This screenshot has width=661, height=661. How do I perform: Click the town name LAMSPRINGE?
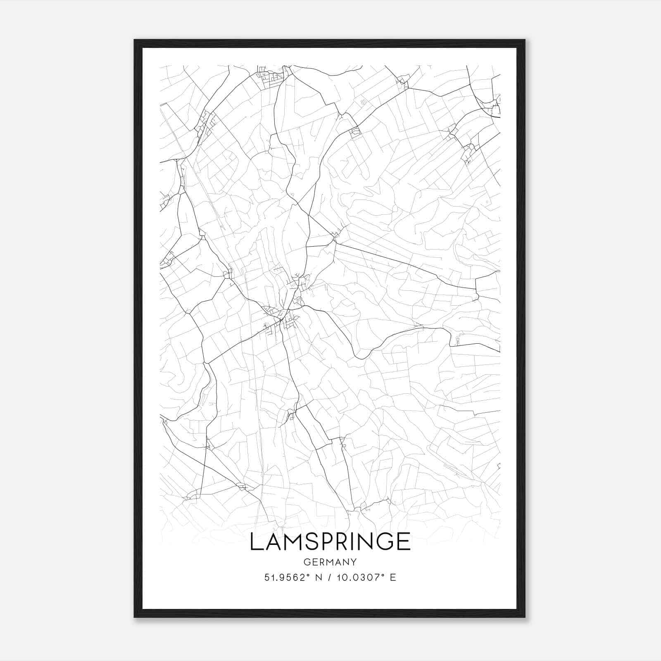click(x=330, y=542)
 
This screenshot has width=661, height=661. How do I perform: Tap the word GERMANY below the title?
click(x=330, y=562)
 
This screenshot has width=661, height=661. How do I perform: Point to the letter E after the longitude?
click(x=393, y=578)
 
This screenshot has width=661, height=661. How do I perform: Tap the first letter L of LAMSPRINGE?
click(x=256, y=542)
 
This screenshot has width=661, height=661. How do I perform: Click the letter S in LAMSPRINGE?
click(x=312, y=542)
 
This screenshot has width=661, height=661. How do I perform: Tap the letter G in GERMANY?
click(x=306, y=562)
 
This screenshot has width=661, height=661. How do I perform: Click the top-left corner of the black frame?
click(x=135, y=40)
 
